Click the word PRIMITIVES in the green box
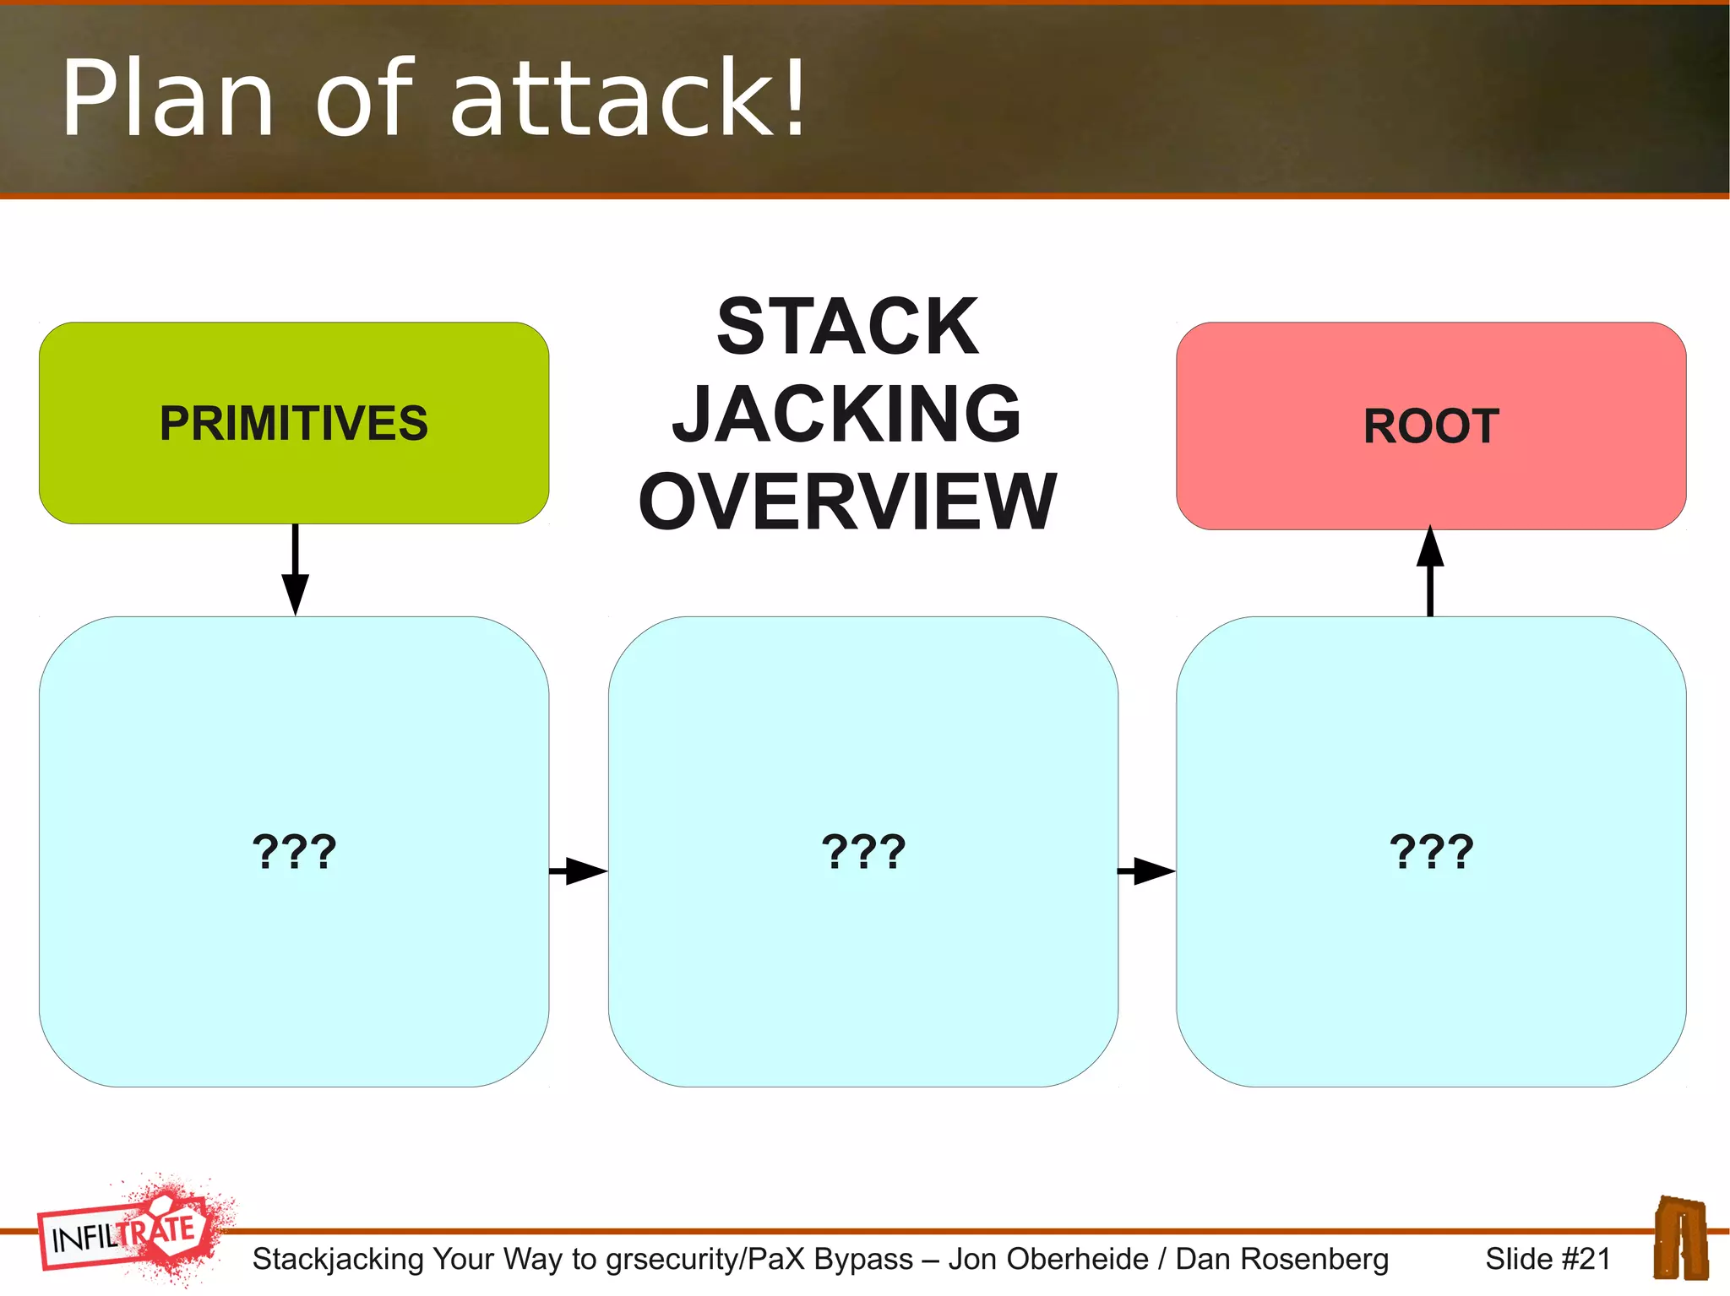click(293, 423)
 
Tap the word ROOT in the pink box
click(1431, 426)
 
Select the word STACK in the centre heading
click(847, 327)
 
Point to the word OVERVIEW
click(847, 502)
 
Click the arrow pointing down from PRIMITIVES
click(295, 571)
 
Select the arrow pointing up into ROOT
click(1430, 570)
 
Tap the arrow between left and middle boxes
click(579, 870)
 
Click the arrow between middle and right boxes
click(1146, 870)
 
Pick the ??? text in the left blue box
click(294, 851)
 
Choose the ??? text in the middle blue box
click(863, 851)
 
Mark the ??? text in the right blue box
click(1431, 851)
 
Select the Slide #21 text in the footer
click(1548, 1259)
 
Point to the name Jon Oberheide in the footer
click(1047, 1259)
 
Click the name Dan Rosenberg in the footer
click(1281, 1259)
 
